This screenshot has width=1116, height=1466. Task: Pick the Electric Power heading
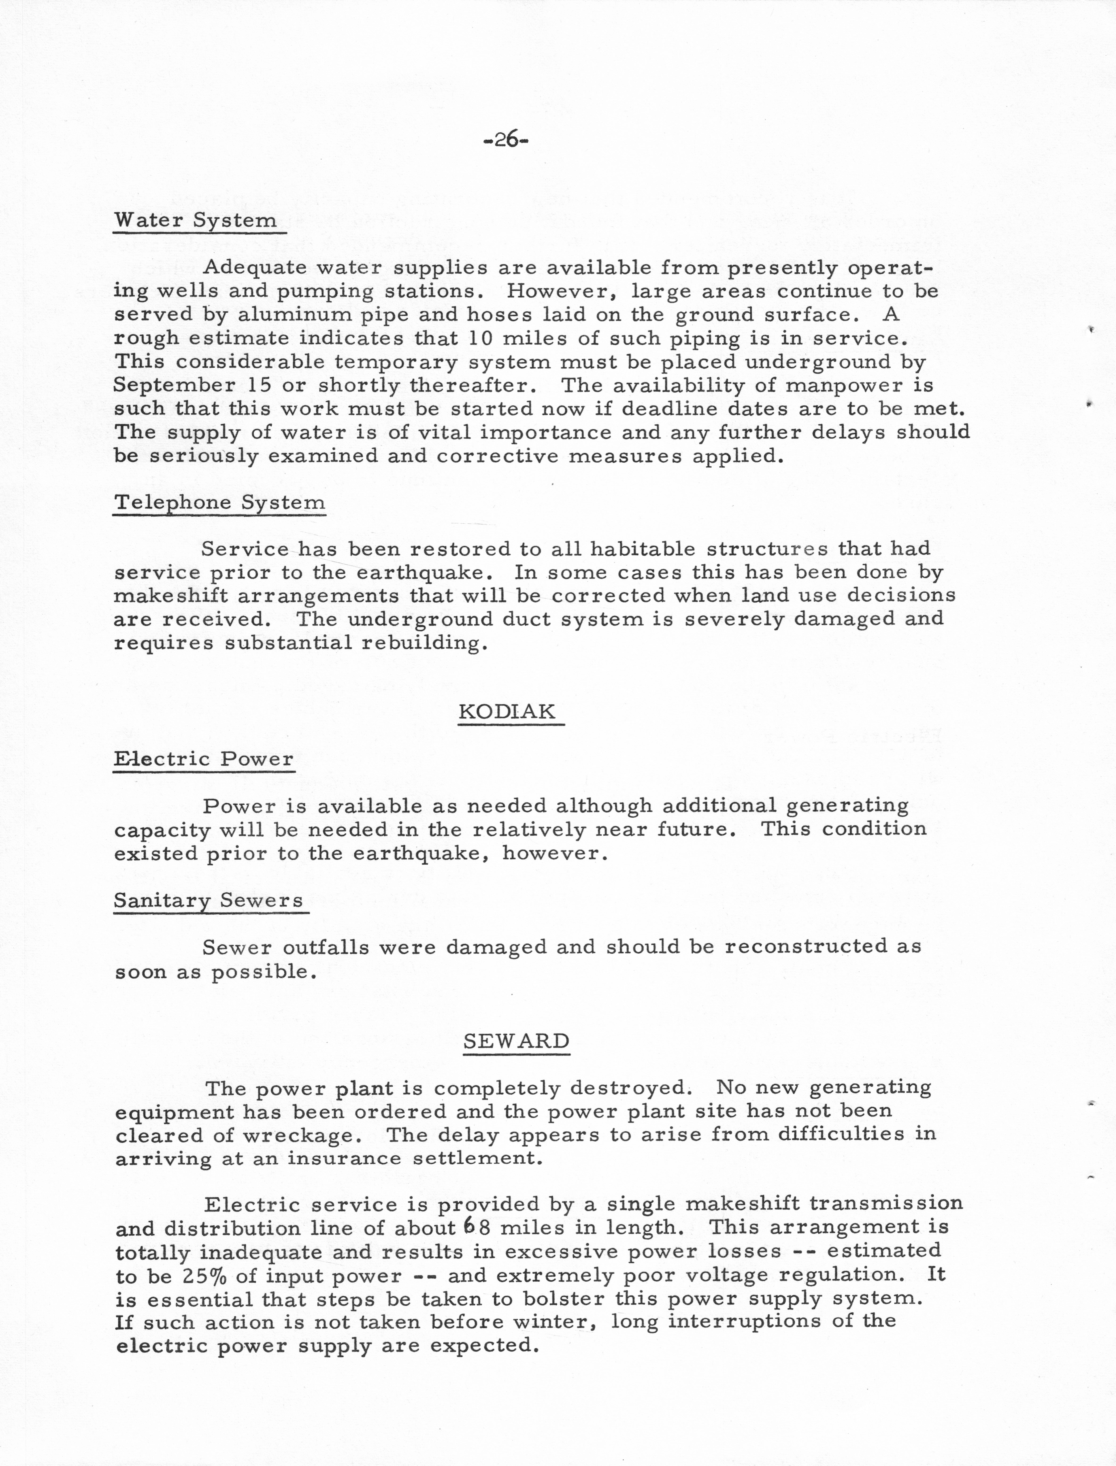point(203,759)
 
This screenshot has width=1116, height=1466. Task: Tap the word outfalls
point(325,947)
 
